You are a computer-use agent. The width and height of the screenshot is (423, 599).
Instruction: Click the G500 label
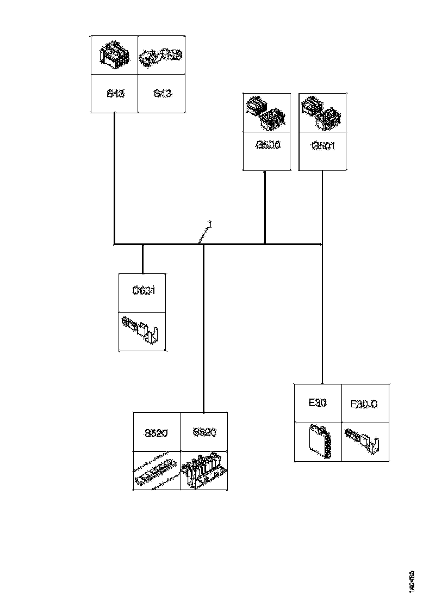click(268, 146)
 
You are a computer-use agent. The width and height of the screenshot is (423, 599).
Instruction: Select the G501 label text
click(323, 146)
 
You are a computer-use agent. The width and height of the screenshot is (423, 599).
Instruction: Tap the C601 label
click(144, 291)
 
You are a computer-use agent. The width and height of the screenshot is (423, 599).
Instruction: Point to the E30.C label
click(364, 404)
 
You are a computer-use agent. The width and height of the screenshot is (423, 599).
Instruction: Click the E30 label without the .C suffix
click(317, 404)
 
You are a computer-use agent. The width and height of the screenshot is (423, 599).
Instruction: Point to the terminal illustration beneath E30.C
click(365, 440)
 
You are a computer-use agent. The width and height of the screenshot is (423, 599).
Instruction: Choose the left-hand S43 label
click(115, 93)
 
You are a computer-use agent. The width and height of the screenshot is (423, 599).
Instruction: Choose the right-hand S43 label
click(163, 93)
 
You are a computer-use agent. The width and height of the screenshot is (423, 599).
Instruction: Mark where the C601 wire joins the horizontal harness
click(143, 245)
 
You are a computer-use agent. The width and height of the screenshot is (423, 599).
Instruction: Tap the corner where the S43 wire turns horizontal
click(114, 245)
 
